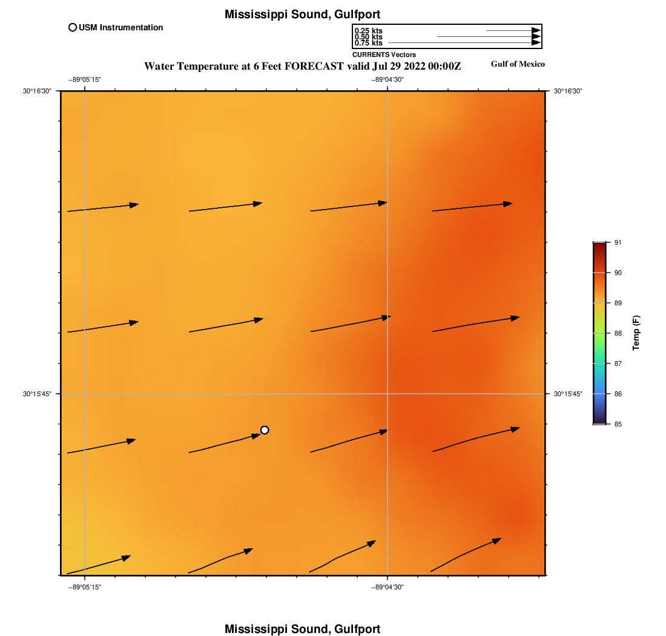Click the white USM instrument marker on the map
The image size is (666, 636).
point(265,430)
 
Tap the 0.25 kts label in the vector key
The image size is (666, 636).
point(368,31)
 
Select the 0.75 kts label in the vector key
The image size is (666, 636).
point(368,43)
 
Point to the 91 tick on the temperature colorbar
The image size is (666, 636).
point(618,242)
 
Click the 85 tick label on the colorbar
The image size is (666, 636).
point(618,424)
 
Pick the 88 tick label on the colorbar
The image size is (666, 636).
point(618,333)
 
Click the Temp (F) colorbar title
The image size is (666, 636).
point(636,333)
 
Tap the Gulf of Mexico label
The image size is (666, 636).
point(518,64)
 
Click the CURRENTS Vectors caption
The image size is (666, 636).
point(384,55)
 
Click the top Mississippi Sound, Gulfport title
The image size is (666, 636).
point(302,14)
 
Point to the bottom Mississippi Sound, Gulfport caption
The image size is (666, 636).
point(302,629)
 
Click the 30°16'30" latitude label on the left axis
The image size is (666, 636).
point(38,91)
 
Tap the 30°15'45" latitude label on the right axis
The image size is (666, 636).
point(567,394)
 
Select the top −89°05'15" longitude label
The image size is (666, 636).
point(84,79)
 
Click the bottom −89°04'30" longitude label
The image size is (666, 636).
point(387,586)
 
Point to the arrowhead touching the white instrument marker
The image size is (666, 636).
point(256,435)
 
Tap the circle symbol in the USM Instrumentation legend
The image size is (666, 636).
point(73,27)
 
